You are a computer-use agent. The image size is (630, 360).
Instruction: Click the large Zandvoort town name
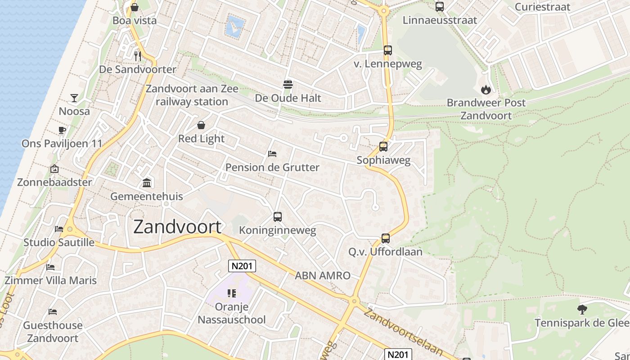(x=178, y=227)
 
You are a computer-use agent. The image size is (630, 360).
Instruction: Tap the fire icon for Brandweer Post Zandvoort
(x=486, y=90)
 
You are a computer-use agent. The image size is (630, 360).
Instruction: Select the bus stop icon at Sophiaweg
(x=383, y=147)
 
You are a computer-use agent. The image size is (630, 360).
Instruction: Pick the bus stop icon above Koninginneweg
(x=278, y=217)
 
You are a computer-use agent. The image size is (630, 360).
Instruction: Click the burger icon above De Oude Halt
(x=288, y=84)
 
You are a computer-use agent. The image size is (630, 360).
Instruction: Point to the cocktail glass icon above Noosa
(x=74, y=98)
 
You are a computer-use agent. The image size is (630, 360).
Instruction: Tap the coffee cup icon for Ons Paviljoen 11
(x=62, y=130)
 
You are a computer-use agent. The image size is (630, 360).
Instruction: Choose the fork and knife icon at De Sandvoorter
(x=138, y=56)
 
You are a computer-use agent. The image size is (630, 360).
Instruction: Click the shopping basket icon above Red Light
(x=201, y=125)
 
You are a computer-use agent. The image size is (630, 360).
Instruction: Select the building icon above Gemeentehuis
(x=147, y=183)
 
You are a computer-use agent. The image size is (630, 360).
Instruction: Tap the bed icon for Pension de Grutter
(x=272, y=154)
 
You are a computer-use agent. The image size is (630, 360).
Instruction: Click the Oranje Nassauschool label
(x=232, y=313)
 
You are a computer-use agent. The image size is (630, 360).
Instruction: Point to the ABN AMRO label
(x=322, y=275)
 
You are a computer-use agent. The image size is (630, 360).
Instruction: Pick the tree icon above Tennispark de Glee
(x=582, y=310)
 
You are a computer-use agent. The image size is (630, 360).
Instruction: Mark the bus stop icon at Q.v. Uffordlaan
(x=386, y=238)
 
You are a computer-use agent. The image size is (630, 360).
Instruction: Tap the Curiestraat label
(x=542, y=7)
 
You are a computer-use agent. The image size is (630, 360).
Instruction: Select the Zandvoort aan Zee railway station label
(x=192, y=95)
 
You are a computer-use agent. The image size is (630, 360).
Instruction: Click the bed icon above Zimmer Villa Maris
(x=50, y=267)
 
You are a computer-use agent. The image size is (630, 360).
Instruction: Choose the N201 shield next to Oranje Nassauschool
(x=242, y=266)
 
